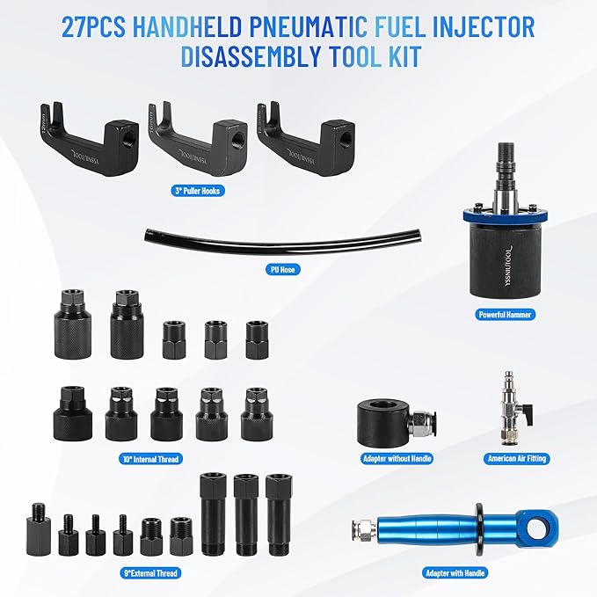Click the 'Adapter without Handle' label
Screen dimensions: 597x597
pyautogui.click(x=397, y=458)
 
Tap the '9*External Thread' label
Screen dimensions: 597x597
pyautogui.click(x=149, y=572)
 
